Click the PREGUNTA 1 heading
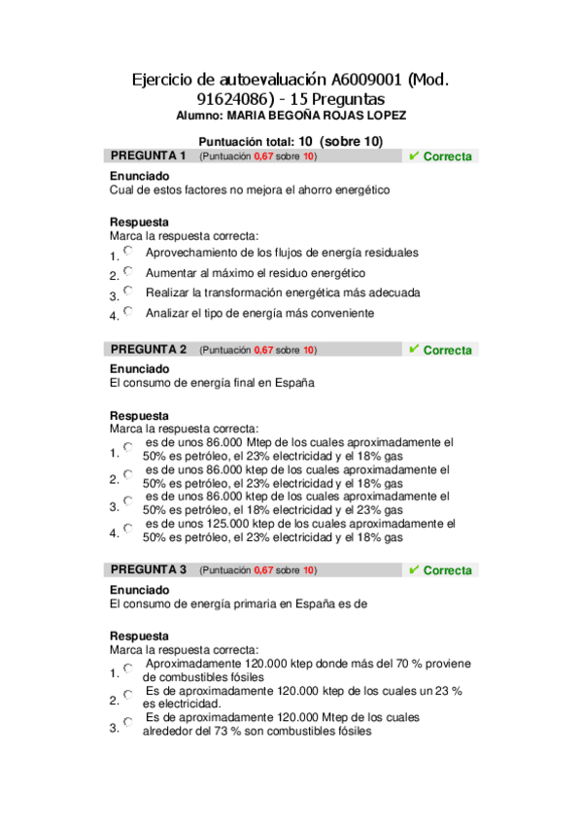(x=148, y=155)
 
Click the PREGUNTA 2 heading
(x=148, y=349)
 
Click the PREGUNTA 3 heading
(x=148, y=569)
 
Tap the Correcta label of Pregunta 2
(x=447, y=350)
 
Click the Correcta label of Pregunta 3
(x=447, y=570)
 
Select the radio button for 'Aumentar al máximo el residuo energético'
(x=128, y=272)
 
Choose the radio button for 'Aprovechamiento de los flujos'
(x=128, y=252)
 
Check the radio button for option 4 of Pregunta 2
(x=128, y=530)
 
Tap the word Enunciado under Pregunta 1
(x=139, y=176)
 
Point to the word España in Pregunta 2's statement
(x=292, y=384)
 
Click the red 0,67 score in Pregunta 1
(x=263, y=156)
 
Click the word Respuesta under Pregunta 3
(x=139, y=636)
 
